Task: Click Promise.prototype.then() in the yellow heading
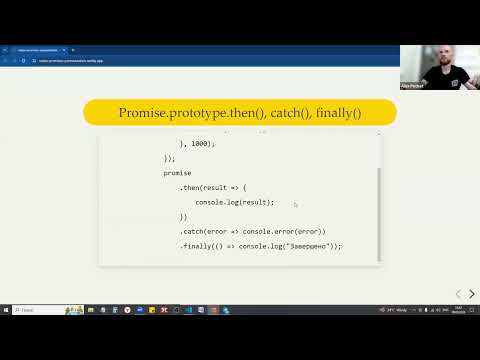(191, 114)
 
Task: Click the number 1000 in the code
(199, 143)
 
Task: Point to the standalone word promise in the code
(178, 173)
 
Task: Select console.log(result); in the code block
(234, 202)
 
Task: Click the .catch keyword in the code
(194, 231)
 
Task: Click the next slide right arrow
(472, 294)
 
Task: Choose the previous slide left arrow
(458, 294)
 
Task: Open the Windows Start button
(6, 310)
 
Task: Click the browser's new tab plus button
(73, 50)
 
